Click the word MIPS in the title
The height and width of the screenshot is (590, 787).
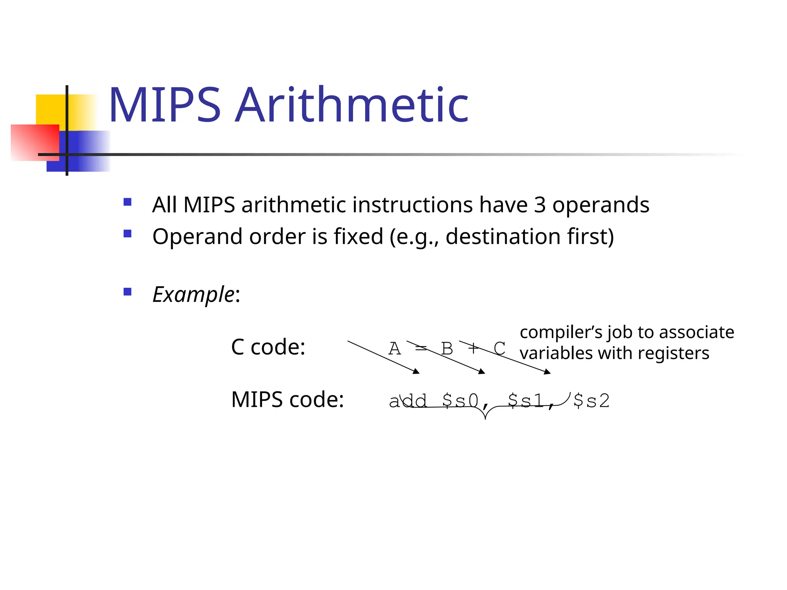(x=164, y=105)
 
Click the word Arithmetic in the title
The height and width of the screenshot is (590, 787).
(x=352, y=105)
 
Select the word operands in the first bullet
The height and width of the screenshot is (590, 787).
(x=601, y=205)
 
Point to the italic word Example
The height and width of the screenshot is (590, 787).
(x=193, y=295)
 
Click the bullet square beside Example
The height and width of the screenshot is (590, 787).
(x=128, y=292)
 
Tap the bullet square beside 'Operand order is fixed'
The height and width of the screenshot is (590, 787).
(x=128, y=234)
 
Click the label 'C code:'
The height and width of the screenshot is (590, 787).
(x=268, y=347)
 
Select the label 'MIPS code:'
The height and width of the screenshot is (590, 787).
(x=287, y=399)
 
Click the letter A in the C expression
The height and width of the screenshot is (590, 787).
(x=395, y=349)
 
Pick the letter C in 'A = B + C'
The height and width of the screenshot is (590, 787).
(x=499, y=349)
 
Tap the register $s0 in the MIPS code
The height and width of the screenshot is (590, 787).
(x=460, y=401)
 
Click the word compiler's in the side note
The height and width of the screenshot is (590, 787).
(x=561, y=332)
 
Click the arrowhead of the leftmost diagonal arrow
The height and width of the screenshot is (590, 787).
(x=417, y=371)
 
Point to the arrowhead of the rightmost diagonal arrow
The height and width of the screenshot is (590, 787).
(x=548, y=372)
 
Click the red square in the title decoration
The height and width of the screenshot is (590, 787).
(x=35, y=142)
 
